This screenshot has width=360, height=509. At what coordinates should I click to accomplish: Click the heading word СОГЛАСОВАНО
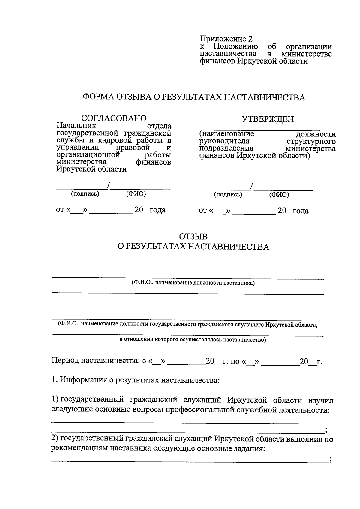(x=114, y=118)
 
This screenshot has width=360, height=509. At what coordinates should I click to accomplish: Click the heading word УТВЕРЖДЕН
(x=268, y=119)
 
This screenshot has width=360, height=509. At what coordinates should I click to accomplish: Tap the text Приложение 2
(x=226, y=39)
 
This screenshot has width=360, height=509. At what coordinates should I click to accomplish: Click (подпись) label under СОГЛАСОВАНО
(x=85, y=194)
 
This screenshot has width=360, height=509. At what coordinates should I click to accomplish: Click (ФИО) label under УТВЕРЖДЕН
(x=279, y=195)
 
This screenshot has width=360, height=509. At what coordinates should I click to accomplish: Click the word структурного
(x=311, y=141)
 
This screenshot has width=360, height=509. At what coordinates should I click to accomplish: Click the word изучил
(x=320, y=400)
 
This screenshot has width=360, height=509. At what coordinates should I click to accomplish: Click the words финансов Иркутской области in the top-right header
(x=254, y=61)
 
